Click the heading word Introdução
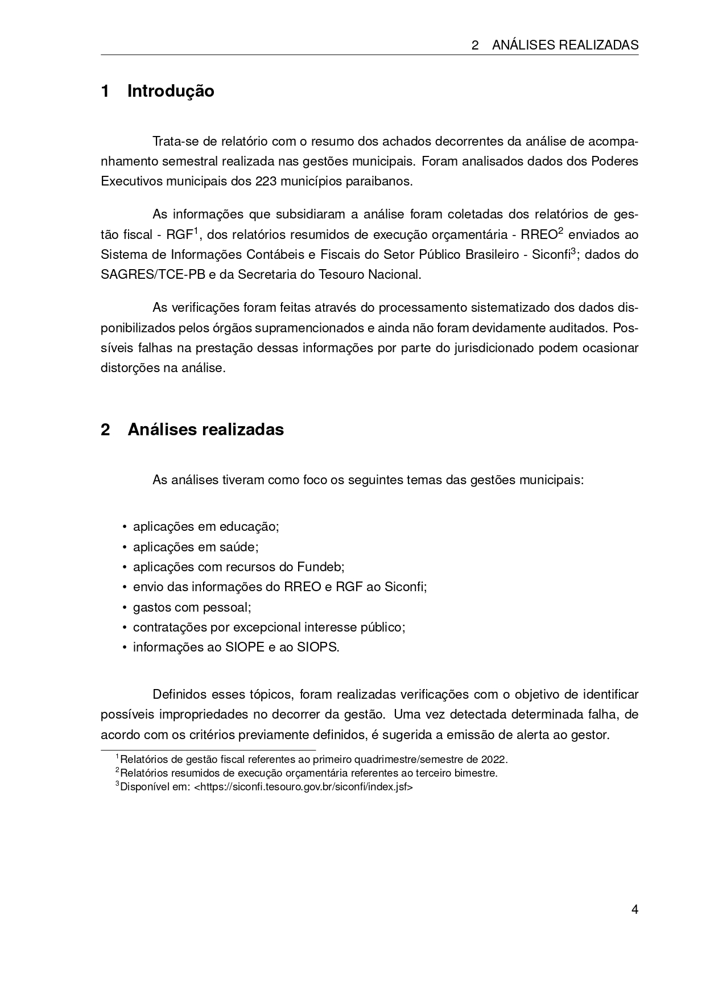pyautogui.click(x=171, y=91)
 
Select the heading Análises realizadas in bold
pyautogui.click(x=205, y=429)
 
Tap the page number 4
pyautogui.click(x=635, y=909)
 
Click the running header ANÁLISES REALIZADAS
pyautogui.click(x=565, y=45)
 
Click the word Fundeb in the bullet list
pyautogui.click(x=319, y=567)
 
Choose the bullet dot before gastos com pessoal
pyautogui.click(x=124, y=607)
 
